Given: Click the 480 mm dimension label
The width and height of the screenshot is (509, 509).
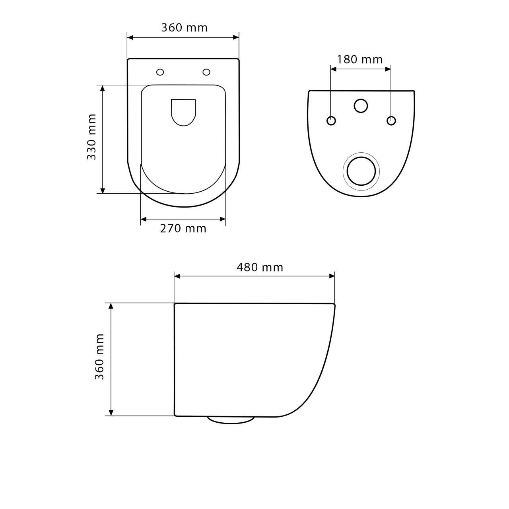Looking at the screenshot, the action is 260,268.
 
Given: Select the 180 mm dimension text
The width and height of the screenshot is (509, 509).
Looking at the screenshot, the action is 359,59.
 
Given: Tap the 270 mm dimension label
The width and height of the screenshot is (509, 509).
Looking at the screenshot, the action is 183,229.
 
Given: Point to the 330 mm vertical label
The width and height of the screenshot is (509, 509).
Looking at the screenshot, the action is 91,137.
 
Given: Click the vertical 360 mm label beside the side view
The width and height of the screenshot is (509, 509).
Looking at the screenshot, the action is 99,357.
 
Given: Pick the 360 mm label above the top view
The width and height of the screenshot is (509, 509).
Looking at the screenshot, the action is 185,28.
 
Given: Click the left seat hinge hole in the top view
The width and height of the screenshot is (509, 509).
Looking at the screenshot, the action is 160,72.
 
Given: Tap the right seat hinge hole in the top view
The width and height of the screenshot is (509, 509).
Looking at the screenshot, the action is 206,72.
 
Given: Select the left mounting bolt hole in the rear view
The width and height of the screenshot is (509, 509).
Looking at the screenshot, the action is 331,121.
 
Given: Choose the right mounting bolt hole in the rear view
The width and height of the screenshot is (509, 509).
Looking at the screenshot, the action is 391,121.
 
